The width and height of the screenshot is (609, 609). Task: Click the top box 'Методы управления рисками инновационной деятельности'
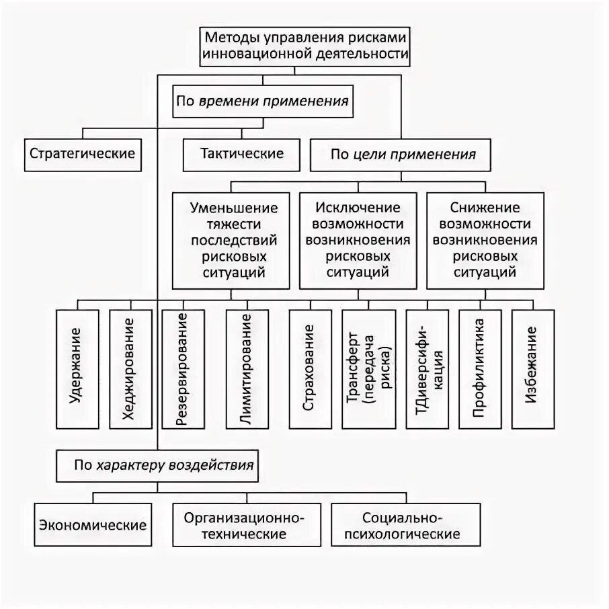tap(305, 46)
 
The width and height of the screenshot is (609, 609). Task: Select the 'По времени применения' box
tap(262, 101)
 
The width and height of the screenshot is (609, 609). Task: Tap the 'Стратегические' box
tap(83, 154)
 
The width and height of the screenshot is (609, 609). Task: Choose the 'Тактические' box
tap(242, 154)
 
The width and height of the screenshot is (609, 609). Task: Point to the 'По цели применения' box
tap(403, 155)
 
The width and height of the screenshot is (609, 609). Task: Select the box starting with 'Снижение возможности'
tap(485, 240)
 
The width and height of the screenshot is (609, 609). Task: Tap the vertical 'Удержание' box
tap(76, 368)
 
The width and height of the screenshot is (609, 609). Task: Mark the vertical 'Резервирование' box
tap(181, 368)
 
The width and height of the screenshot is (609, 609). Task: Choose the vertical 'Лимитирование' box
tap(246, 368)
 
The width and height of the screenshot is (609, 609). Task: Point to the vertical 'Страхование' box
tap(310, 368)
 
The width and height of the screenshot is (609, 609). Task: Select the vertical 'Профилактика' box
tap(479, 368)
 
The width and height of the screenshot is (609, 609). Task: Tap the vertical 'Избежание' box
tap(532, 368)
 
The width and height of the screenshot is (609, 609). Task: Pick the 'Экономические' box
tap(93, 524)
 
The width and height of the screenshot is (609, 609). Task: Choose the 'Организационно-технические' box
tap(245, 526)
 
